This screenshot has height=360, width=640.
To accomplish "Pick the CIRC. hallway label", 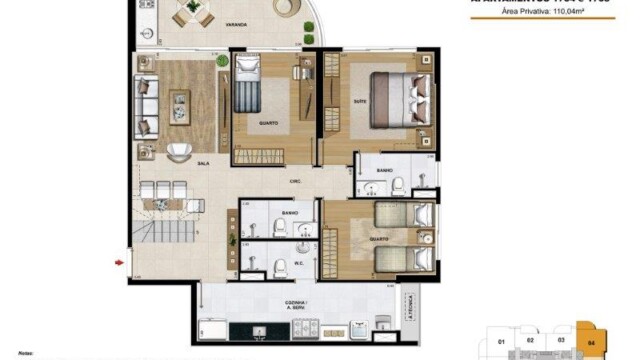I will point(297,181).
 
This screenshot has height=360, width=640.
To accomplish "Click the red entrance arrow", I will point(121,263).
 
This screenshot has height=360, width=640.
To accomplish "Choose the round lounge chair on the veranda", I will point(287,9).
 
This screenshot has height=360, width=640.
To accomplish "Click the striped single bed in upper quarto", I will point(246,93).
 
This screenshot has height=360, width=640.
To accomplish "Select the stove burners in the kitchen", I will point(304,329).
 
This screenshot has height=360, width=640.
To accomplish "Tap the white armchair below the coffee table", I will point(180,151).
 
